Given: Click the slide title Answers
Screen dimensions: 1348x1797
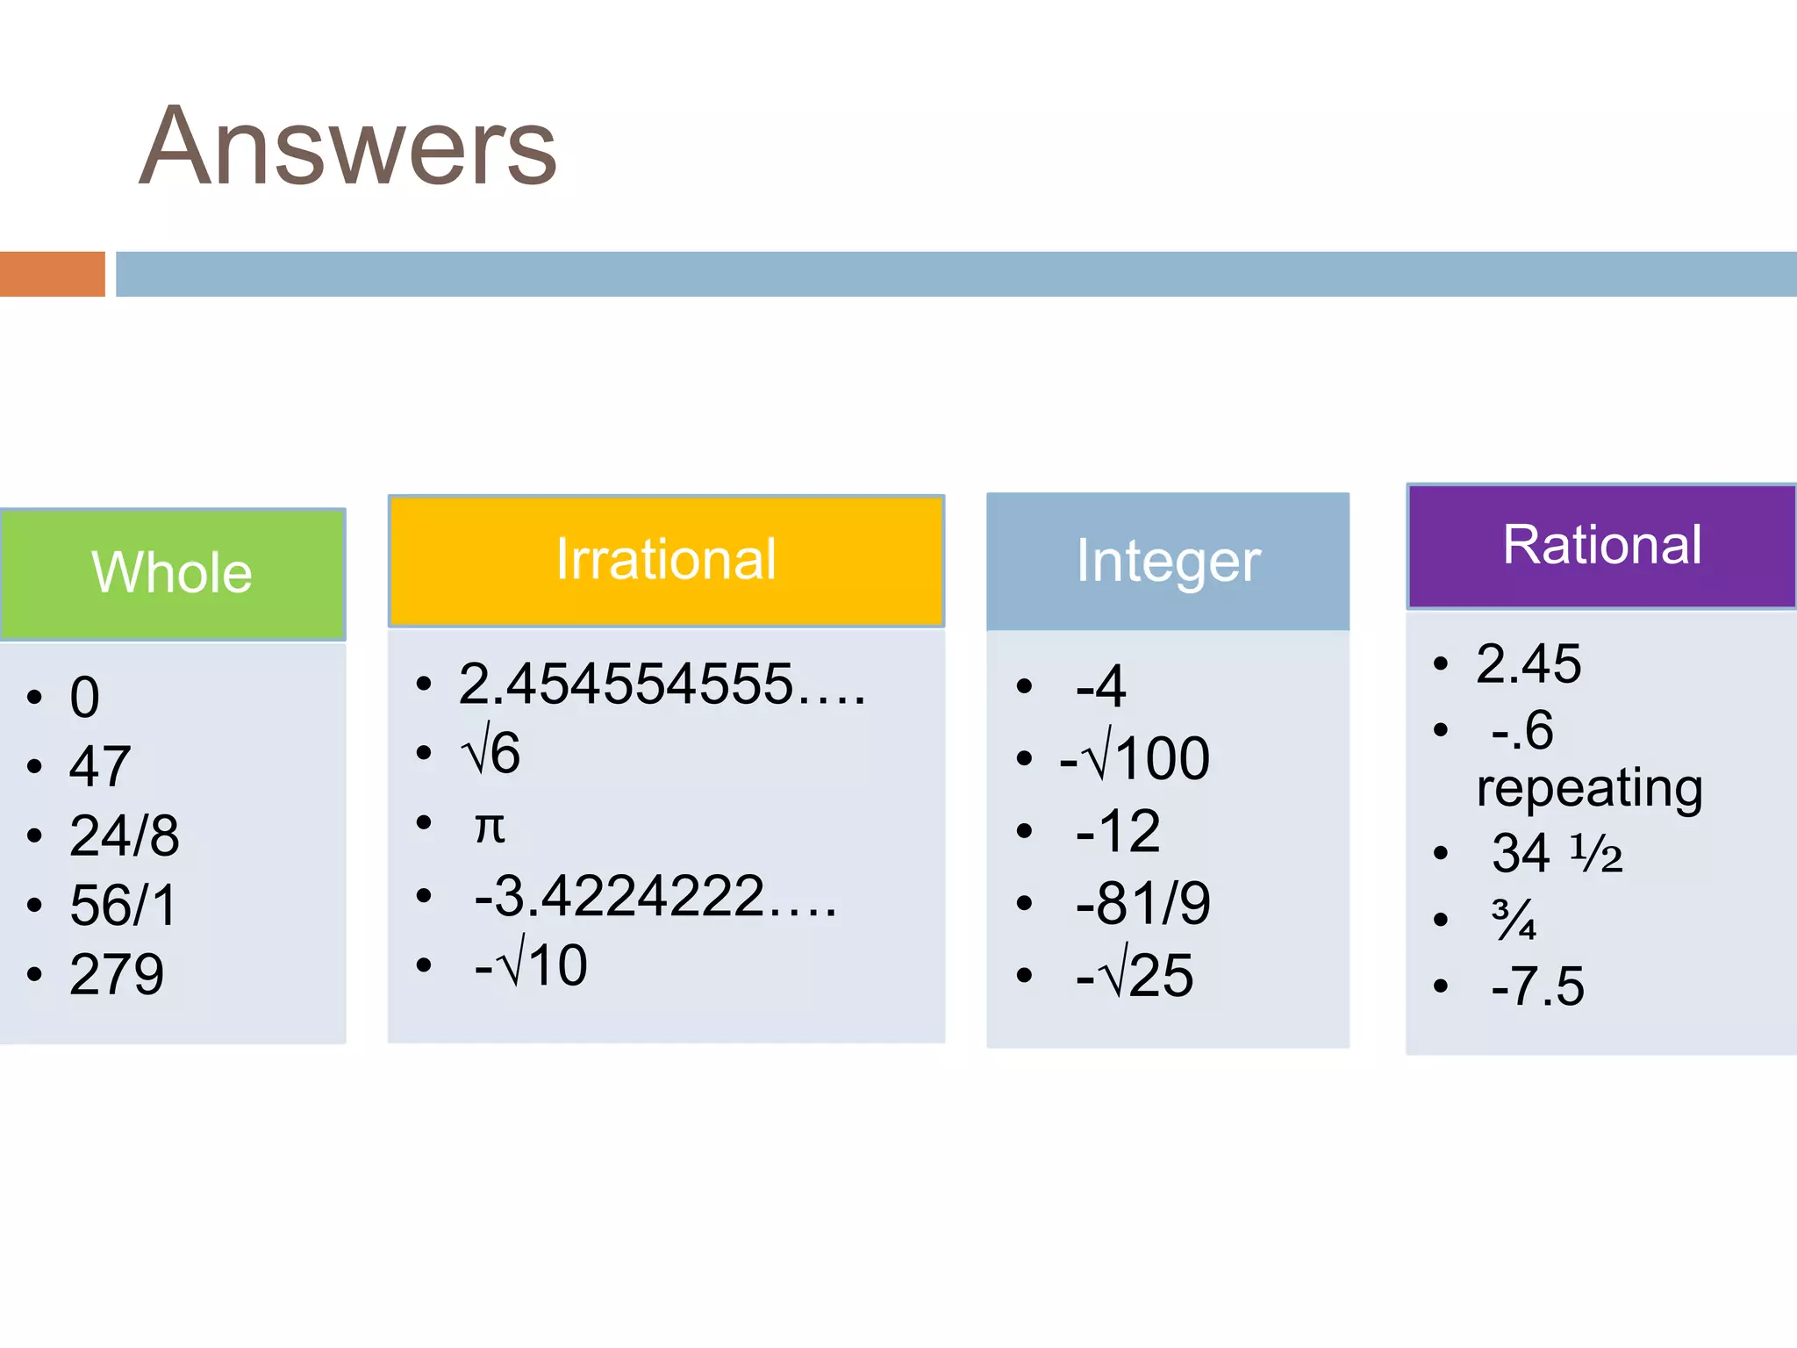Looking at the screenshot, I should [348, 147].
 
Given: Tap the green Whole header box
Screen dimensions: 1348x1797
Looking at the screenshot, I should [173, 574].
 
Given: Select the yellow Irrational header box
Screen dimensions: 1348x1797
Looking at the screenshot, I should [666, 560].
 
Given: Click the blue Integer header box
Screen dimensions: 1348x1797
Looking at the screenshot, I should [1168, 562].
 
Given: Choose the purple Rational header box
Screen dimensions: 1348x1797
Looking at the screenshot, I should [1601, 546].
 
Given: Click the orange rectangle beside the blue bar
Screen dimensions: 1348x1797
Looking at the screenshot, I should [52, 274].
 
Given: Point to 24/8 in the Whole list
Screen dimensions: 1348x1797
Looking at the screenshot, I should [125, 835].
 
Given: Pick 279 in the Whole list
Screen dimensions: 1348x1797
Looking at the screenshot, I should [117, 974].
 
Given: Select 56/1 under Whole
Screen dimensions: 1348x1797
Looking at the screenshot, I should [123, 905].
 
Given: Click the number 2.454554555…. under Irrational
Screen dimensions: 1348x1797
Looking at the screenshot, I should [662, 685].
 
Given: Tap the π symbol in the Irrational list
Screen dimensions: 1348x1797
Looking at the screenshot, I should [490, 826].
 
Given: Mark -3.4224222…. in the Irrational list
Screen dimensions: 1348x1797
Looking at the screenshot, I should [655, 896].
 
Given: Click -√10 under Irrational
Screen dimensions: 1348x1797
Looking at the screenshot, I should [530, 965].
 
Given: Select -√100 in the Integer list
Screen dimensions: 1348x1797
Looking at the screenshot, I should [1135, 757].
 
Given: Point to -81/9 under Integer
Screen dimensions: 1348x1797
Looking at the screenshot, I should [1142, 903].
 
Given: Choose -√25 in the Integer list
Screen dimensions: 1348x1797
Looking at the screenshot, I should [1135, 975].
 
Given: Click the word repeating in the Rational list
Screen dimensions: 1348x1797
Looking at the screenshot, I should [1589, 787].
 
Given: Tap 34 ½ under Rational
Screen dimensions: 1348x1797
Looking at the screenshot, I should [1557, 853].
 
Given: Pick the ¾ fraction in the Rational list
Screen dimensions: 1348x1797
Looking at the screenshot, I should [1514, 920].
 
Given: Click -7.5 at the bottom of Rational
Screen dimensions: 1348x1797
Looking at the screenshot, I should [1537, 986].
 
